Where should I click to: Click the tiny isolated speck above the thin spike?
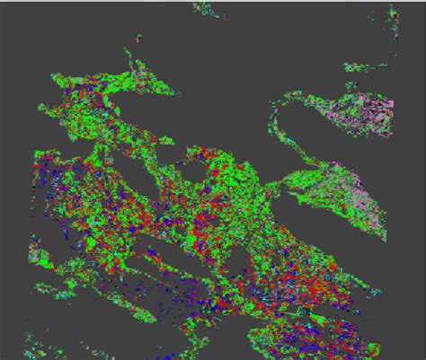pos(138,39)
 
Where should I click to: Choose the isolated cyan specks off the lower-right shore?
pos(376,292)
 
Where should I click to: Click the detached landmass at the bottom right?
pos(306,341)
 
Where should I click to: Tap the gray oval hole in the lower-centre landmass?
pos(239,266)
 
